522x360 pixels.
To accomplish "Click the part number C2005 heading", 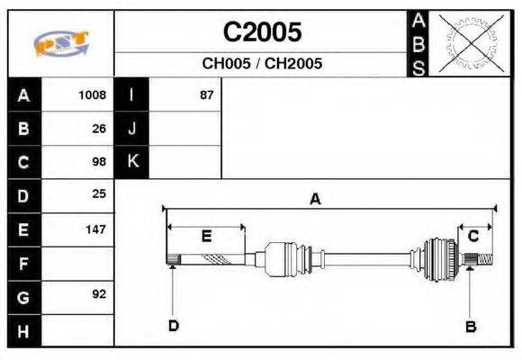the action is pos(262,32).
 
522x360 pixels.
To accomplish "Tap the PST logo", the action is pos(61,43).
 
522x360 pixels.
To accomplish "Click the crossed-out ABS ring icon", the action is pos(471,43).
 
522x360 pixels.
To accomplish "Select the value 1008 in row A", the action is pos(92,95).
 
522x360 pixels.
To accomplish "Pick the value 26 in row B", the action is pos(99,129).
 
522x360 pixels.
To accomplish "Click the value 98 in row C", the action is pos(99,162).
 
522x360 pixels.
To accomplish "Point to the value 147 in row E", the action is pos(96,229).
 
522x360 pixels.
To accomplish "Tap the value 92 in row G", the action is pos(99,294).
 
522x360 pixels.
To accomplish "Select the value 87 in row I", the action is pos(206,95).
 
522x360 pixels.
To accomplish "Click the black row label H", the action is pos(24,331).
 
